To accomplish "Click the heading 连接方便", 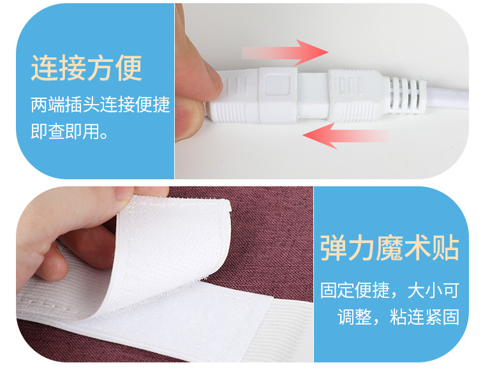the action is point(87,68).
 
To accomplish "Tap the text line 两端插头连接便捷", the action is point(100,105).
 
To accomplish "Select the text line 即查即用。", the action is point(70,131).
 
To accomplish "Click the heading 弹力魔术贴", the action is point(390,248).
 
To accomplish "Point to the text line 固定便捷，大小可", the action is point(390,290).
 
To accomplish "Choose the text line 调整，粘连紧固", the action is point(398,316).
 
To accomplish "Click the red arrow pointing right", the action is point(285,52).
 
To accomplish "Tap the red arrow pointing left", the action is point(346,136).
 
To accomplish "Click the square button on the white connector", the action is point(278,85).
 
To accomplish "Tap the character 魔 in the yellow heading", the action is point(389,248).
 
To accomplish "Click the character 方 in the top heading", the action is point(101,68).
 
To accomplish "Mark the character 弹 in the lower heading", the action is point(334,248).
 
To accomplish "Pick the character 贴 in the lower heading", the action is point(446,248).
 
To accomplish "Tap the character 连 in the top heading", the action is point(45,68).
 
